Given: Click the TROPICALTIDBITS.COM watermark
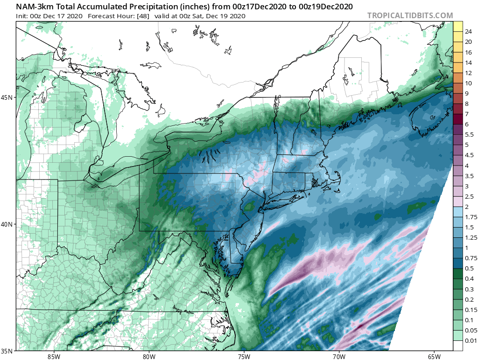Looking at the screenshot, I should (x=410, y=15).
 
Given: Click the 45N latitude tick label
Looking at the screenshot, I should (x=9, y=97).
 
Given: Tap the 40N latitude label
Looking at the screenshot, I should (x=9, y=224).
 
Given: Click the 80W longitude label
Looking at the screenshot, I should (x=149, y=357).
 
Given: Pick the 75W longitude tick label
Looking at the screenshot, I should (x=244, y=357).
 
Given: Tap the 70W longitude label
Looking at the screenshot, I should (x=339, y=357).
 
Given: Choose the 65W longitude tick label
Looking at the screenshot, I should (x=434, y=357).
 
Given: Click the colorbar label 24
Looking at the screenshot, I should (x=469, y=32).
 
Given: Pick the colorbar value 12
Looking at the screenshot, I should (x=469, y=73).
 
